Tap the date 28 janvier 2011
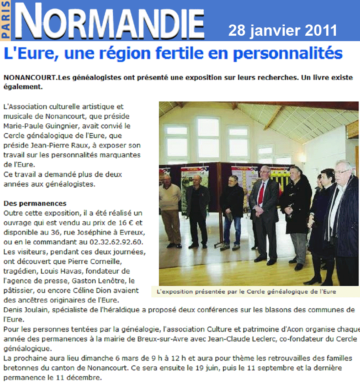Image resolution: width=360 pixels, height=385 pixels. click(282, 30)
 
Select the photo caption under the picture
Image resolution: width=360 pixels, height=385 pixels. click(246, 292)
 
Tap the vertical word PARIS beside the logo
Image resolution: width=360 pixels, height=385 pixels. click(6, 21)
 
